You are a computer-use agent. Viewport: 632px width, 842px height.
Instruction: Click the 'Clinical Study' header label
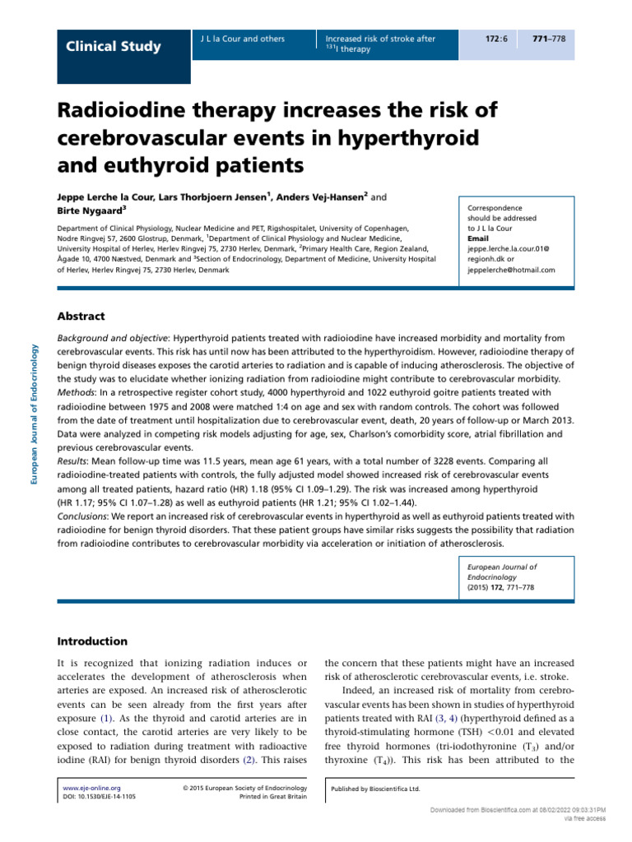pyautogui.click(x=114, y=46)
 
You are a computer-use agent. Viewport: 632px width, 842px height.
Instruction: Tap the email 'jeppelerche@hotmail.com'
pyautogui.click(x=511, y=270)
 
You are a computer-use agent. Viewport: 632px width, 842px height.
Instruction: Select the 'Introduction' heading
pyautogui.click(x=91, y=641)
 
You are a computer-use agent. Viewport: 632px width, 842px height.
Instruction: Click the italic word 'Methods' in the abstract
pyautogui.click(x=75, y=394)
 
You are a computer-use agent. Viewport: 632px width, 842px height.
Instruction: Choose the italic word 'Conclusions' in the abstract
pyautogui.click(x=82, y=516)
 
